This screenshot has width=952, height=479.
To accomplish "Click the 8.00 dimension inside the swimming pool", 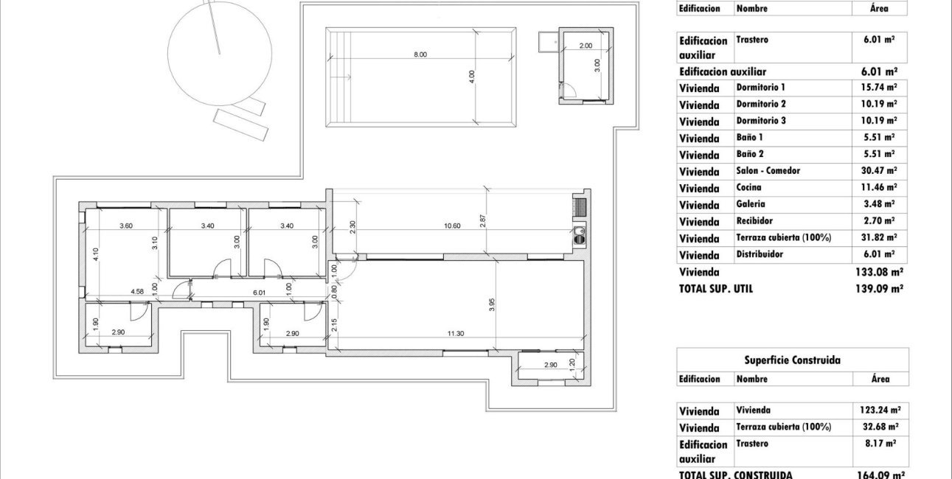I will click(420, 55).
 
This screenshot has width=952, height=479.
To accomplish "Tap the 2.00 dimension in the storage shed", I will click(586, 46).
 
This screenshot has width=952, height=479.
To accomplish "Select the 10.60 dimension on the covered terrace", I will click(452, 225).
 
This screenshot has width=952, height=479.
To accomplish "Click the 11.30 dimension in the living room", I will click(455, 333).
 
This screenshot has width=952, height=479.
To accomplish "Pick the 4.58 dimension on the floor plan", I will click(137, 291).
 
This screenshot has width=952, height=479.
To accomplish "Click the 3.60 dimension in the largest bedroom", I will click(126, 225).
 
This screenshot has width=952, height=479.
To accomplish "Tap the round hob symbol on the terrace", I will click(579, 237).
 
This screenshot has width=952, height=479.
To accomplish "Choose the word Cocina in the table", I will click(748, 188).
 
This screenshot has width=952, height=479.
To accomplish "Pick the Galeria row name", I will click(750, 204).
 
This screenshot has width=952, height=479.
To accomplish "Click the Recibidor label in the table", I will click(754, 221).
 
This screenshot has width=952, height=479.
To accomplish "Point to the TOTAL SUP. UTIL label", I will click(716, 290).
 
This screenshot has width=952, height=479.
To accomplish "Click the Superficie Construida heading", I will click(792, 360).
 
